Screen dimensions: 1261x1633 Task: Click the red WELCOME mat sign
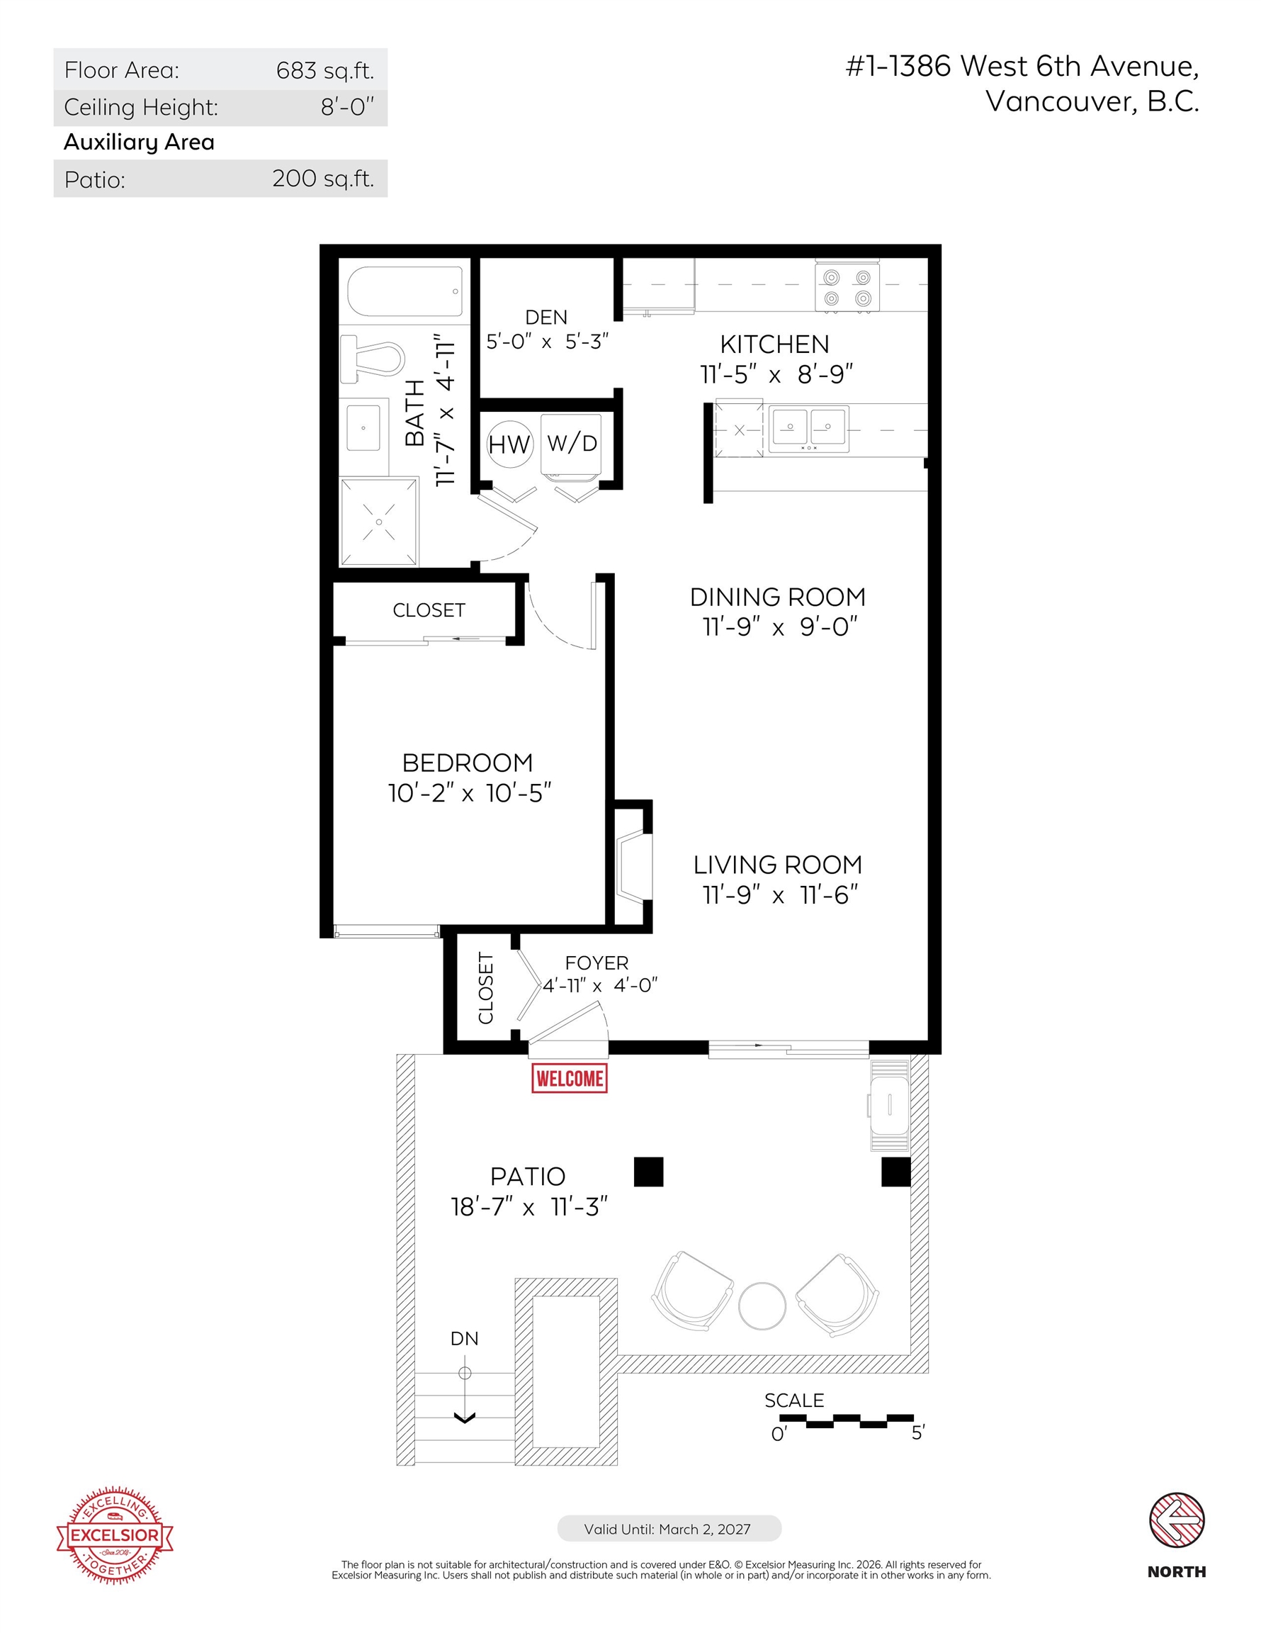[x=569, y=1077]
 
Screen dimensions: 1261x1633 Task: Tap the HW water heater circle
[x=509, y=444]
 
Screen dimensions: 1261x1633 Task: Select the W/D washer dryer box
[x=571, y=446]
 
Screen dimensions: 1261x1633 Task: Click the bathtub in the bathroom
[x=405, y=291]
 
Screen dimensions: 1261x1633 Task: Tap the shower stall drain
[x=379, y=522]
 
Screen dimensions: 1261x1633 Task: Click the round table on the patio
[x=762, y=1306]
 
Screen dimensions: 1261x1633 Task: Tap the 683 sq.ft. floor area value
[x=324, y=70]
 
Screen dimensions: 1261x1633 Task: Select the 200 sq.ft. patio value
[x=323, y=179]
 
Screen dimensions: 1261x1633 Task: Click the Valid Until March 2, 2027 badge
[x=668, y=1528]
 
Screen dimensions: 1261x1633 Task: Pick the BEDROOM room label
[x=467, y=763]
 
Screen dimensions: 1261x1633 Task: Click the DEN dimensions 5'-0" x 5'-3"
[x=547, y=342]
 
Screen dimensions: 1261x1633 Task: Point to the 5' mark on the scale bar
[x=918, y=1432]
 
